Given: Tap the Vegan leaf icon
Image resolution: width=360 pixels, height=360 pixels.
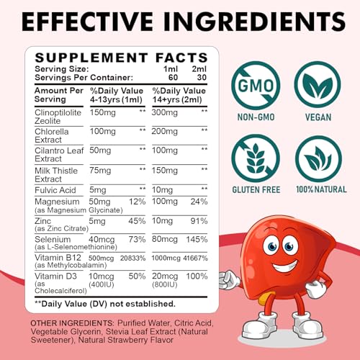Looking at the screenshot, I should pos(318,85).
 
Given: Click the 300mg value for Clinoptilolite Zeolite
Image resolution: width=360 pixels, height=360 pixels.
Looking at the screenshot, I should pos(167,112).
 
